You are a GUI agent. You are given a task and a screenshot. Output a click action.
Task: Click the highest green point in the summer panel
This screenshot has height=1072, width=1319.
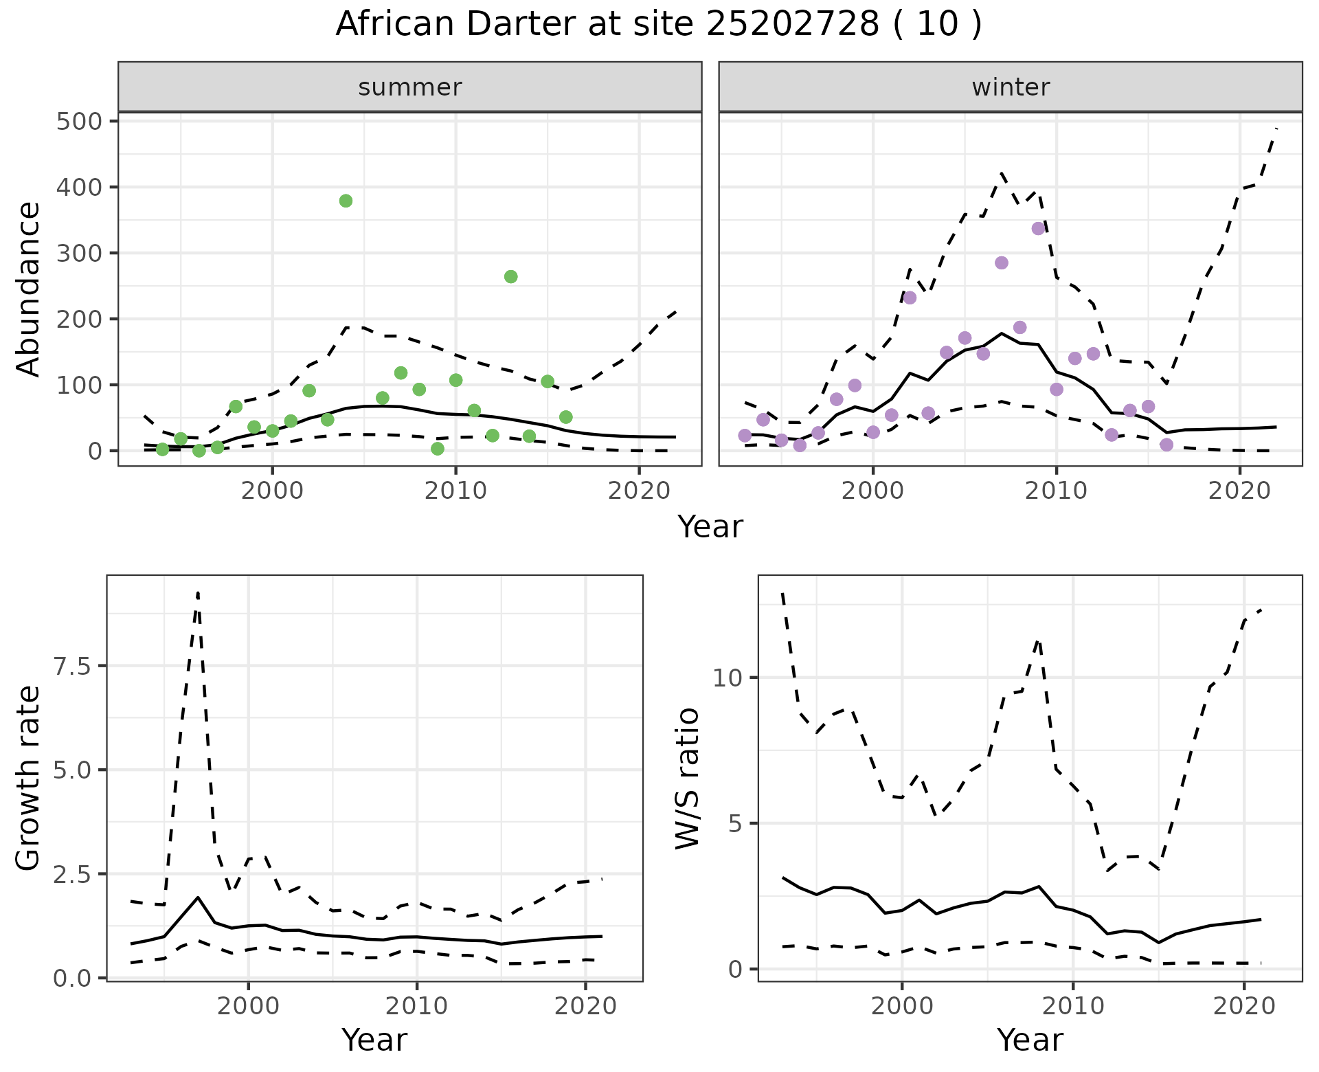click(346, 201)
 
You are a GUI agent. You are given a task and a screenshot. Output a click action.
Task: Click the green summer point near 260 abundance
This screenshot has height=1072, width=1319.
click(510, 276)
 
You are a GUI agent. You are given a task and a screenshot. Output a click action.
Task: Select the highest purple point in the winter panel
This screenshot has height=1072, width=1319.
click(1038, 228)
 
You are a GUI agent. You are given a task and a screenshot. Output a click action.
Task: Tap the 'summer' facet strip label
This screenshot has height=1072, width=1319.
click(410, 87)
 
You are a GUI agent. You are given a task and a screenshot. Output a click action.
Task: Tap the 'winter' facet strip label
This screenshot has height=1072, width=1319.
click(1011, 87)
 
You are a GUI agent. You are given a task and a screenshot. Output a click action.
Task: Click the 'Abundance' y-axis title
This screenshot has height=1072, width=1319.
click(28, 289)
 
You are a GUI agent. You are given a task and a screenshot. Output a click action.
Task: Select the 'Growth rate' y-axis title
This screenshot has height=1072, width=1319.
click(28, 778)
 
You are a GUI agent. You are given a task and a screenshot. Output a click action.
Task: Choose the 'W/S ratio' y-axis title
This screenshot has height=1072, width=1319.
click(686, 778)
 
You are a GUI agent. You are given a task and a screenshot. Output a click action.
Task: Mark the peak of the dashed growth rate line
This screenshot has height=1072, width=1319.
click(198, 592)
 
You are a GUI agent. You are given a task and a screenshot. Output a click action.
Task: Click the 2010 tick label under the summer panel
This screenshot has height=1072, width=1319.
click(455, 491)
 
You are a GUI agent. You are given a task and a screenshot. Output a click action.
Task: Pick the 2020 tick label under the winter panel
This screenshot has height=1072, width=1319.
click(1239, 491)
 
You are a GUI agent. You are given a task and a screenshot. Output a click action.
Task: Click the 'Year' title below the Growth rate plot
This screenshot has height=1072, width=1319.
click(374, 1040)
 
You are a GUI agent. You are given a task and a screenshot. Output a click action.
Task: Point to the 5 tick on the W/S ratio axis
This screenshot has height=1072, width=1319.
click(736, 823)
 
